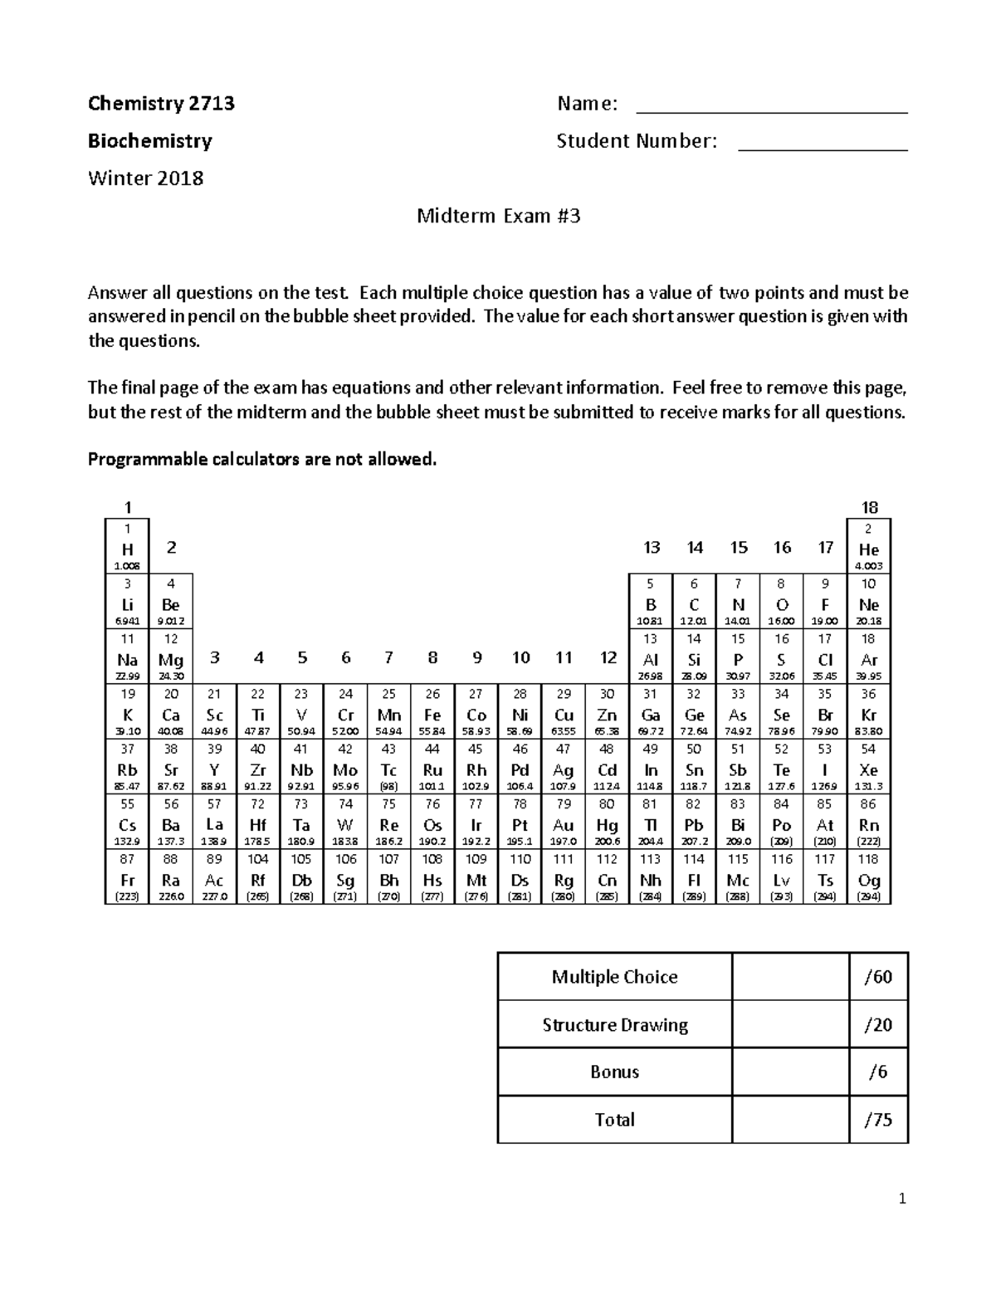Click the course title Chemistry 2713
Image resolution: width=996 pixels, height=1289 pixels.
coord(161,104)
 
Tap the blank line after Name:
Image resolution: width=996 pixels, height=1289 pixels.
coord(771,106)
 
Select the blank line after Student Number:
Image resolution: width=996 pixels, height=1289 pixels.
coord(823,144)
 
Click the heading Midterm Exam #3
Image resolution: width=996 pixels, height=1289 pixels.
coord(498,217)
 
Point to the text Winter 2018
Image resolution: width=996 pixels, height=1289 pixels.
coord(145,178)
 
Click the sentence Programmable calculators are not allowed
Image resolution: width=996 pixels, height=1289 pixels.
coord(261,459)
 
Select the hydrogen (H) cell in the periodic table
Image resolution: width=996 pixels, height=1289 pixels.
coord(127,546)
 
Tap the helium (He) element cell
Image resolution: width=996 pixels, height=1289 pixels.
coord(868,546)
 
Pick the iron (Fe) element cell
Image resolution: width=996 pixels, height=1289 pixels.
coord(432,711)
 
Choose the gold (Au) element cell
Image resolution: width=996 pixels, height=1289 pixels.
coord(564,822)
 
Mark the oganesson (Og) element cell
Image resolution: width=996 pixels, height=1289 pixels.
coord(868,876)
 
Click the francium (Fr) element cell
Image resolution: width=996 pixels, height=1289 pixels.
coord(127,876)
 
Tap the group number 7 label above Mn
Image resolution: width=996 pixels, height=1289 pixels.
coord(388,657)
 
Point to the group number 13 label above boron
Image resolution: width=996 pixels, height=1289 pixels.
coord(651,547)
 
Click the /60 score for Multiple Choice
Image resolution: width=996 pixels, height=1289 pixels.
coord(878,977)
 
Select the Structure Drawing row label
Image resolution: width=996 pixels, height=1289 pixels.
coord(615,1025)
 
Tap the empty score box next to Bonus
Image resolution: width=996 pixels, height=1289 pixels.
coord(790,1072)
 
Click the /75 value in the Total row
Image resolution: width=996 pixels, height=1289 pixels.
coord(878,1120)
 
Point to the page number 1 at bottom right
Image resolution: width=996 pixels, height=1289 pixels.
coord(903,1199)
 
